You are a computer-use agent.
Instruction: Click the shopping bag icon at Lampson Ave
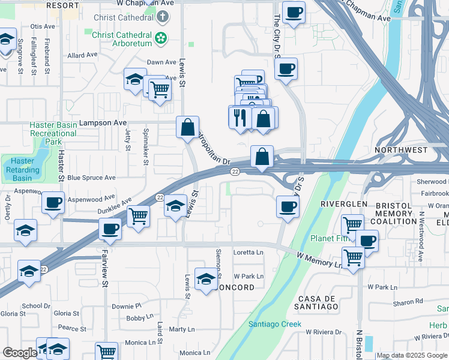coord(187,127)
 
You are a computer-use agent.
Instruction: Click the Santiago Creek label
coord(274,325)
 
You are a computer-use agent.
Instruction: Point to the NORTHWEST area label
coord(401,149)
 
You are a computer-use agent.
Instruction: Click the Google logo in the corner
coord(19,353)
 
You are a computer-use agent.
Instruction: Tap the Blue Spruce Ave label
coord(91,178)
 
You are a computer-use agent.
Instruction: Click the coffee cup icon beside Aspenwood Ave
coord(53,203)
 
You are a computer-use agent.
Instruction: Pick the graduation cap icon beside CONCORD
coord(206,280)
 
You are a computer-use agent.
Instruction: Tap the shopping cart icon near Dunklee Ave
coord(139,215)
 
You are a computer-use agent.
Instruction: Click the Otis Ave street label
coord(42,27)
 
